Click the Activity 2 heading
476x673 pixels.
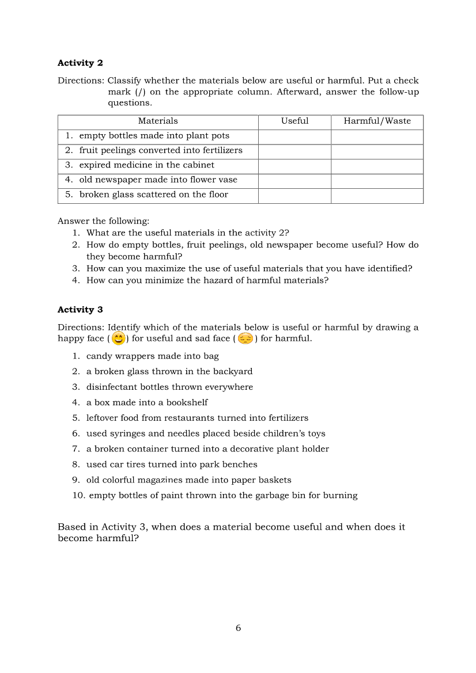pos(80,63)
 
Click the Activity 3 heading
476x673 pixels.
pos(80,310)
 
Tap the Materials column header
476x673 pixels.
pos(158,121)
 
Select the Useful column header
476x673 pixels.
pos(294,121)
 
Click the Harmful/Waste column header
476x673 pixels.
pos(377,121)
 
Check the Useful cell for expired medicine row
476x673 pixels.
pos(294,165)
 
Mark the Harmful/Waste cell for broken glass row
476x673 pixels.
pos(377,195)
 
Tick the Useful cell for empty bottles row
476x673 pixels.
pos(294,136)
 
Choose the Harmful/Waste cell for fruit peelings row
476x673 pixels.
pos(377,151)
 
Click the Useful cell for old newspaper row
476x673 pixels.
pos(294,180)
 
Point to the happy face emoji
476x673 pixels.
pos(118,339)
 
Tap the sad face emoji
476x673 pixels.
pos(245,339)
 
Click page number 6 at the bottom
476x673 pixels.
pos(238,628)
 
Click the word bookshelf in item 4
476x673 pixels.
pos(187,402)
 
